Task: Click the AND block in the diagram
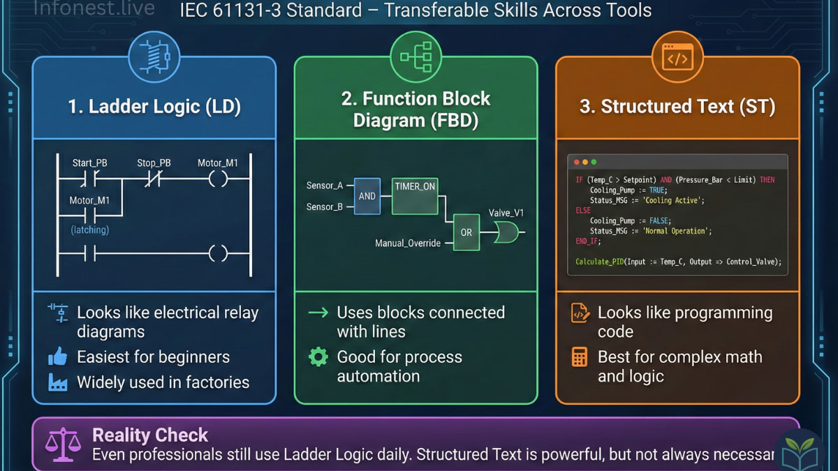point(367,196)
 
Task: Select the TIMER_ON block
point(415,195)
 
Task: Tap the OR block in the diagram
point(466,232)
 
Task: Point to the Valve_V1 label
point(506,212)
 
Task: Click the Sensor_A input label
point(325,186)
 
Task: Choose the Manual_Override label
point(408,244)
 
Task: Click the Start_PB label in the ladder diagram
point(89,163)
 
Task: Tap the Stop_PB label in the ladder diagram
point(154,163)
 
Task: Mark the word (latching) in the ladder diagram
point(89,230)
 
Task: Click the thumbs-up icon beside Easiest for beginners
point(57,357)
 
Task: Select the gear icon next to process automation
point(318,357)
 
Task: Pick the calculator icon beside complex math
point(580,357)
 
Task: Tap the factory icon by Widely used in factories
point(57,382)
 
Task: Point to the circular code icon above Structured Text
point(677,57)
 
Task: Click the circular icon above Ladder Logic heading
point(154,57)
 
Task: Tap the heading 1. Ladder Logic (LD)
point(154,107)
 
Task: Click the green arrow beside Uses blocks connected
point(318,313)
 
